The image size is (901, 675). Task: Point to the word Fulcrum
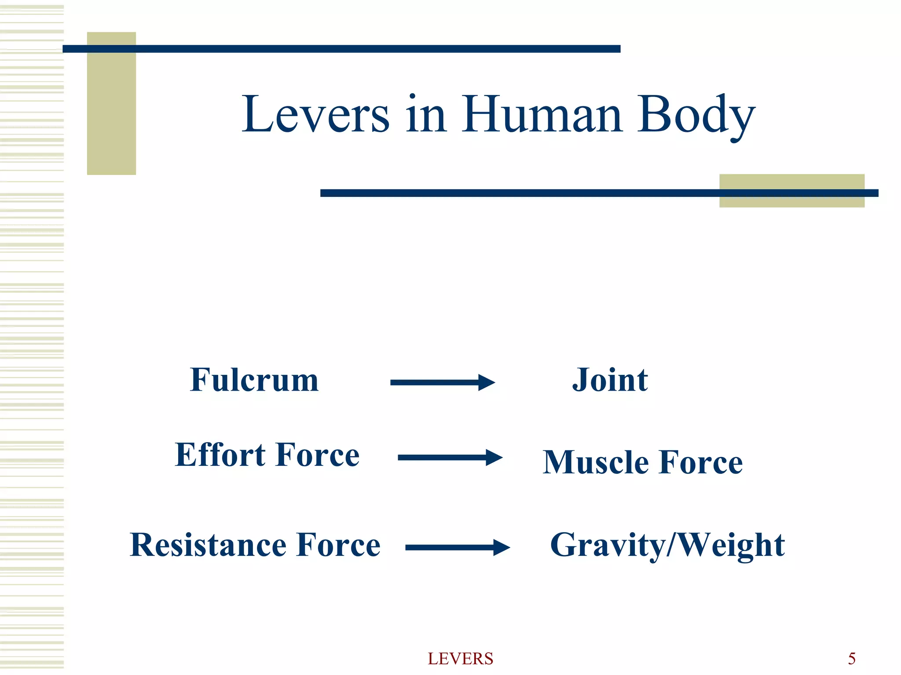pyautogui.click(x=254, y=380)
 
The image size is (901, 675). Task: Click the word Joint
pyautogui.click(x=610, y=380)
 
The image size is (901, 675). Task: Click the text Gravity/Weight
pyautogui.click(x=667, y=545)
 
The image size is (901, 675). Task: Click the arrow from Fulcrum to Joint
pyautogui.click(x=442, y=382)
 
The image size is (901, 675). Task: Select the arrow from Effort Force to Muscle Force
pyautogui.click(x=450, y=457)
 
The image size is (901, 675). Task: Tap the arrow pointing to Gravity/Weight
pyautogui.click(x=457, y=547)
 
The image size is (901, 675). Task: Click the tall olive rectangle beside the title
pyautogui.click(x=111, y=103)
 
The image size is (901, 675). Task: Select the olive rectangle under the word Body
pyautogui.click(x=791, y=191)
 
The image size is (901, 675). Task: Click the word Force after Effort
pyautogui.click(x=318, y=455)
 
